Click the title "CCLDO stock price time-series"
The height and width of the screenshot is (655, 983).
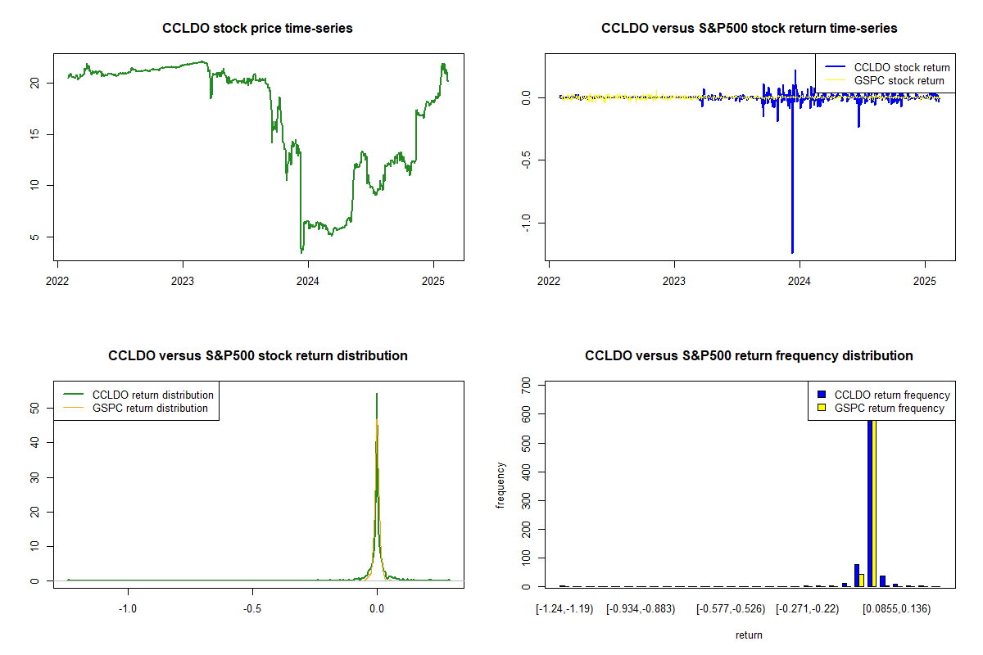(x=258, y=29)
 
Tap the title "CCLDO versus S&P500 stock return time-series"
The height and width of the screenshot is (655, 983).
(x=749, y=29)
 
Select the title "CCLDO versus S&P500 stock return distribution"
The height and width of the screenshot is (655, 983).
(x=258, y=356)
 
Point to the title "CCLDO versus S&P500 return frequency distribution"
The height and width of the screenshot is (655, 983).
(x=749, y=356)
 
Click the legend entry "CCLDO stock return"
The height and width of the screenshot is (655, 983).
(x=901, y=67)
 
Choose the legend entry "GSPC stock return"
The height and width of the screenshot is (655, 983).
(x=899, y=80)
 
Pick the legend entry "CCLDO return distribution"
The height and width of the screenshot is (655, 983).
(x=152, y=395)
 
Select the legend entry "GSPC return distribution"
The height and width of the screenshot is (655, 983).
(x=150, y=408)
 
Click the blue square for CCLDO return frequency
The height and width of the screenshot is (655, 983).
(x=821, y=395)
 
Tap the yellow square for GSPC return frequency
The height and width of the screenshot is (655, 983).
(x=821, y=408)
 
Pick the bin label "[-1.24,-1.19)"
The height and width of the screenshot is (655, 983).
(x=563, y=608)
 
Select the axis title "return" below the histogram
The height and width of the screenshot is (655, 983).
(x=749, y=635)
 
